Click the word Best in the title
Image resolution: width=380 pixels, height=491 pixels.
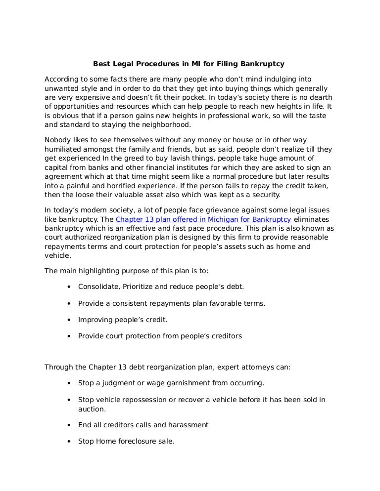click(x=102, y=64)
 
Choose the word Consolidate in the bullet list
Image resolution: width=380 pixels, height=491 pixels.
click(x=97, y=286)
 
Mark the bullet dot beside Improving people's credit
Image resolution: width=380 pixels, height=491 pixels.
click(x=67, y=320)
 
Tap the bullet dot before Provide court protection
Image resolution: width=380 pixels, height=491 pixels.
click(x=67, y=336)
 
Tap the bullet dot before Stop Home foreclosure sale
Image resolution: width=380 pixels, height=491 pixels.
click(x=67, y=442)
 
